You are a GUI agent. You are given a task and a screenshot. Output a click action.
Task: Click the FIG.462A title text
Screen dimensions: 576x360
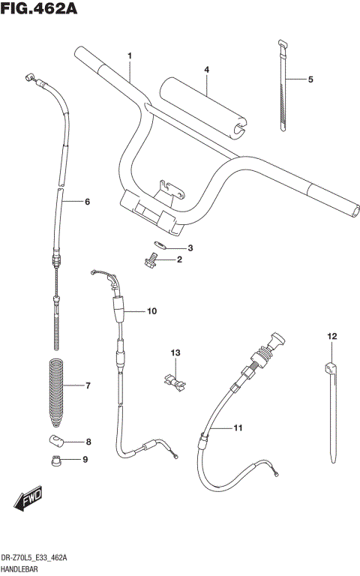[40, 11]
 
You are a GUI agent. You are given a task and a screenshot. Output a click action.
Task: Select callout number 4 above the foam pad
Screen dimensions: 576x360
[206, 70]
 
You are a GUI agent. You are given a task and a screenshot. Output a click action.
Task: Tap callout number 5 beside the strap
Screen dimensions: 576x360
[310, 79]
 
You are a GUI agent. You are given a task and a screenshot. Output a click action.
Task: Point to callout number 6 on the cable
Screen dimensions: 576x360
[87, 202]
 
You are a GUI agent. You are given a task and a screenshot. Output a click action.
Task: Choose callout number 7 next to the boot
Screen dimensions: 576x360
[88, 386]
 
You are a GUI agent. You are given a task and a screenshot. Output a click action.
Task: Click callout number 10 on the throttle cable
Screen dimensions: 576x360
[151, 311]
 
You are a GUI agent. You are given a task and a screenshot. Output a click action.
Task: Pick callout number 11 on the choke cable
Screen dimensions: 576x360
[238, 428]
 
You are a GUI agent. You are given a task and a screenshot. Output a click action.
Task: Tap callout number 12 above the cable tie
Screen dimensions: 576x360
[331, 336]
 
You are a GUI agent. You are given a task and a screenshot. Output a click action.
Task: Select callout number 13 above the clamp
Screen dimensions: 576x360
[175, 352]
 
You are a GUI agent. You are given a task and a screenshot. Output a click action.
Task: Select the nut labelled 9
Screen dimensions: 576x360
[55, 460]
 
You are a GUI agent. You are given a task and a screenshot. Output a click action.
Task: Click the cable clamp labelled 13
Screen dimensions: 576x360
[175, 381]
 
